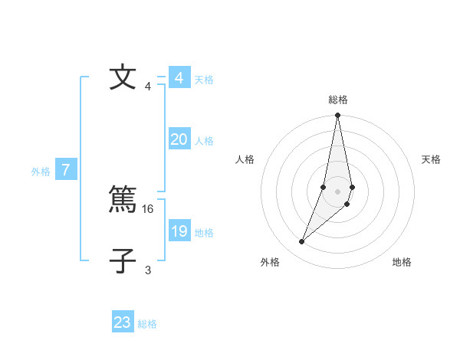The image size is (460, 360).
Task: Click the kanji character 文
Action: tap(123, 78)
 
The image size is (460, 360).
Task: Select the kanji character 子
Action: tap(123, 260)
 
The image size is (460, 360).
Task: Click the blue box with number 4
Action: tap(179, 78)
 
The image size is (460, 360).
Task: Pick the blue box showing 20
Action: tap(179, 139)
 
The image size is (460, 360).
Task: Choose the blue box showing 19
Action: tap(179, 231)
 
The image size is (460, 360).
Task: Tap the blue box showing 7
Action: tap(66, 171)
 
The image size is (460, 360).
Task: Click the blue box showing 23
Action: tap(123, 322)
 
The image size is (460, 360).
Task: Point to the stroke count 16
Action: tap(149, 208)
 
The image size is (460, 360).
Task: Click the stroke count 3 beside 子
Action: tap(148, 270)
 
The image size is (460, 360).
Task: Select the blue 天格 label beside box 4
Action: tap(204, 80)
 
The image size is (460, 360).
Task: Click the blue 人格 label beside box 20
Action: tap(204, 141)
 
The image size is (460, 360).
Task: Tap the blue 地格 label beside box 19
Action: tap(204, 233)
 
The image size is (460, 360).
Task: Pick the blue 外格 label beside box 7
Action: tap(41, 172)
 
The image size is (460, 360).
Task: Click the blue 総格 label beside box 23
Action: tap(147, 324)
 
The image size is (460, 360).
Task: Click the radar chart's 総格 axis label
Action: tap(338, 100)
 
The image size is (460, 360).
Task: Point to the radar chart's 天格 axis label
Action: tap(432, 159)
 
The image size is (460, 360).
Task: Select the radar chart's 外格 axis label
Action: tap(270, 262)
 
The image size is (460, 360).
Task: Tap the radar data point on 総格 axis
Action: tap(337, 116)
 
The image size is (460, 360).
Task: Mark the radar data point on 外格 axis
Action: tap(302, 242)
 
